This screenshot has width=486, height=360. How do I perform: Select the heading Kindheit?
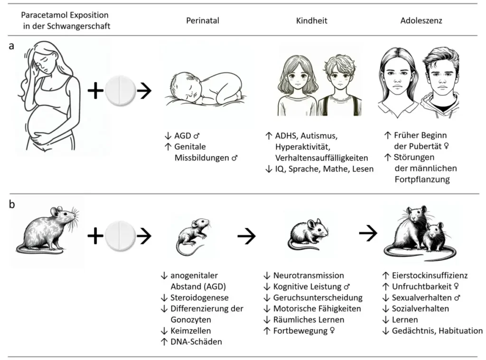(311, 21)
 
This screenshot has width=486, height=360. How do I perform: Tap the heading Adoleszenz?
(421, 21)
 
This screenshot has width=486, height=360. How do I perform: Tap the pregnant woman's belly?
(45, 123)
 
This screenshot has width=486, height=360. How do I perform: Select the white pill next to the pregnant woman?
(120, 90)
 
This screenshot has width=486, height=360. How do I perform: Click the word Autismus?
(320, 136)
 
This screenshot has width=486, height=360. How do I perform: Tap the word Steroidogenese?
(200, 298)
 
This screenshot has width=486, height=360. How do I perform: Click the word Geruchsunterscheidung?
(318, 297)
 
